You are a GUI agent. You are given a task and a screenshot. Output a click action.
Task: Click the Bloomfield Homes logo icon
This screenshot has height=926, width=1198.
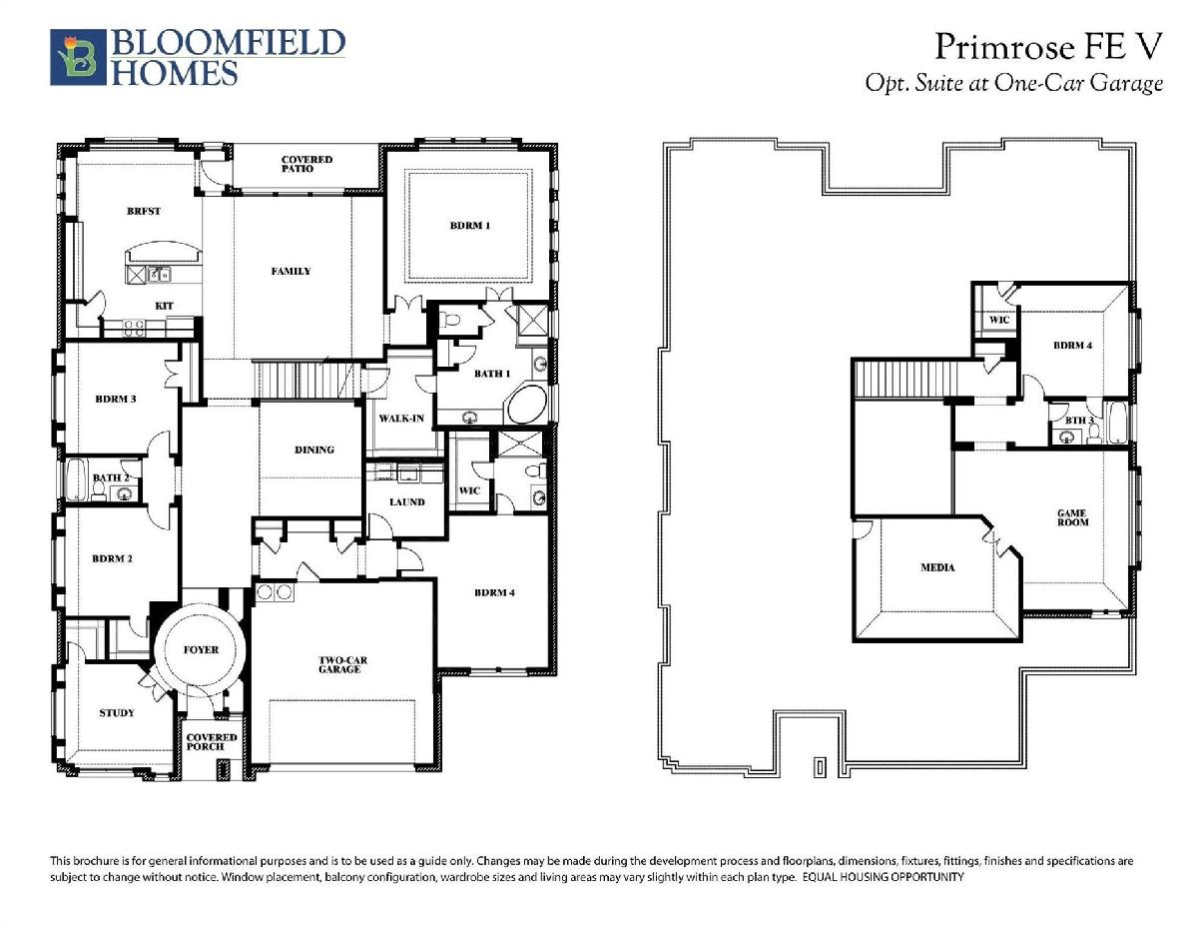pos(78,57)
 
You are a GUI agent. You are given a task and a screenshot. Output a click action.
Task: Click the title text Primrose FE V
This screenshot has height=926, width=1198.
pos(1048,47)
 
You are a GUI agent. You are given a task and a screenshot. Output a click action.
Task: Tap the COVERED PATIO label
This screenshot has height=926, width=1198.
pos(306,164)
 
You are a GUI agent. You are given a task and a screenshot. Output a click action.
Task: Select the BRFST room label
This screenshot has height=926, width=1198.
pos(144,211)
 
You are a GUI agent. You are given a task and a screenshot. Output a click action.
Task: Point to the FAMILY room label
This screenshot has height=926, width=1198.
pos(291,271)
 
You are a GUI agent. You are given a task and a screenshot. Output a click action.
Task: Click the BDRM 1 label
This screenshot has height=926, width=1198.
pos(470,225)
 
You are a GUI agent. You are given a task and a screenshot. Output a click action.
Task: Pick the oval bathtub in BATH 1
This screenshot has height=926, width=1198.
pos(526,405)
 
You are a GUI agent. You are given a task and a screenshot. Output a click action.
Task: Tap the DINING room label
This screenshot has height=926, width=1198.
pos(314,450)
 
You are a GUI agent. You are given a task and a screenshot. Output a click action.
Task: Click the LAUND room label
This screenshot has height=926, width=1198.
pos(407,501)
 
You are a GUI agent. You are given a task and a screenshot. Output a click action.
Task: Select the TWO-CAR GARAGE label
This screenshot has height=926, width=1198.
pos(341,664)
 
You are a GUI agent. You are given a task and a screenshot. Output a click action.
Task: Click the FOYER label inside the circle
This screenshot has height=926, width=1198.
pos(201,649)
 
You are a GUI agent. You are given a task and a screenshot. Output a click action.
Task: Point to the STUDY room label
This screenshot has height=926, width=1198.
pos(117,712)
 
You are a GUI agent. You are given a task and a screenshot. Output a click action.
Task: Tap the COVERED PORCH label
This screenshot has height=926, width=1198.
pos(212,742)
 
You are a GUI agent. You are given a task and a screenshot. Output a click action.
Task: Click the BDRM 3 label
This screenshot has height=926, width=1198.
pos(115,399)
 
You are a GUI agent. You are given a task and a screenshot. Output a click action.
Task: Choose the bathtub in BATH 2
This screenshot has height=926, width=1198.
pos(77,479)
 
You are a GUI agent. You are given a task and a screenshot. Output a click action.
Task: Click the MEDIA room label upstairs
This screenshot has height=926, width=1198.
pos(937,567)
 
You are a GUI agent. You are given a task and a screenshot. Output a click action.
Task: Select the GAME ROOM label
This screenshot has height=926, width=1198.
pos(1072,517)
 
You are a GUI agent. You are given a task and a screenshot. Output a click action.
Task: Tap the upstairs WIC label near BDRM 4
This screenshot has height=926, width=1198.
pos(999,320)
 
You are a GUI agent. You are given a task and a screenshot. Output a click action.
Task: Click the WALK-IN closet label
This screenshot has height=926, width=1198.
pos(401,419)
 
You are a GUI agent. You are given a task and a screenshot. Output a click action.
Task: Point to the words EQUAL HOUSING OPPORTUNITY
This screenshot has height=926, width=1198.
pos(883,877)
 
